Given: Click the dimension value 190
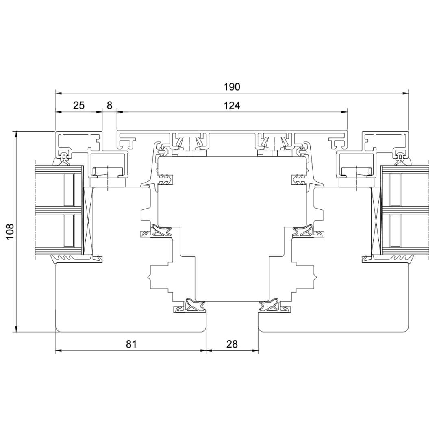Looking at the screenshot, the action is click(232, 87).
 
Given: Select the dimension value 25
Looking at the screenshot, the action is click(79, 106).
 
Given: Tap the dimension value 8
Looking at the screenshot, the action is click(109, 106).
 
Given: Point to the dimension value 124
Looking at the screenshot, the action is click(232, 106).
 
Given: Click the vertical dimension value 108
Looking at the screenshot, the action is click(10, 231).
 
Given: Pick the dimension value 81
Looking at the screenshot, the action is click(131, 344).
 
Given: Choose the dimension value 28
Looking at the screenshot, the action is click(232, 344).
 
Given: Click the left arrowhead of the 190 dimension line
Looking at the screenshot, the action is click(59, 93).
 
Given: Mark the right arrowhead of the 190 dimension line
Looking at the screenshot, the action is click(405, 93).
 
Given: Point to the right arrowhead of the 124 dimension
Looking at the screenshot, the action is click(345, 112).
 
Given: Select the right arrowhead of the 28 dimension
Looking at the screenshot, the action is click(255, 350).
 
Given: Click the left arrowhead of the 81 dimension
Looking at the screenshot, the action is click(59, 350).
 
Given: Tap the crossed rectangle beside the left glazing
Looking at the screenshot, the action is click(88, 221).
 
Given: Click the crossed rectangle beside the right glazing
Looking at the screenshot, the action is click(376, 221).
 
